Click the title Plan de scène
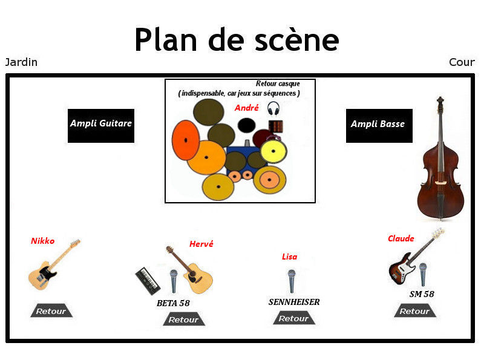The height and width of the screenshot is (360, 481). [x=236, y=40]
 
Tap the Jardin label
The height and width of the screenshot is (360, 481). [x=21, y=62]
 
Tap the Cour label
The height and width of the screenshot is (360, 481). [x=462, y=62]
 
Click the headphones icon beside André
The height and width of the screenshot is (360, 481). [x=273, y=109]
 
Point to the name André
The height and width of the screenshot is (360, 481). [x=246, y=108]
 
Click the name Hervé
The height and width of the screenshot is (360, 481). [x=201, y=244]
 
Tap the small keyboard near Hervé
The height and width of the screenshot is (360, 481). [x=148, y=280]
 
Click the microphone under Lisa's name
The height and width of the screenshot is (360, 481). [x=291, y=281]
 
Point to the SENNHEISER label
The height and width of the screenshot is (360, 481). [x=294, y=302]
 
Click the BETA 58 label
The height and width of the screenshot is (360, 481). [x=173, y=303]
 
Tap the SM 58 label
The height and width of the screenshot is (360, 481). [x=422, y=295]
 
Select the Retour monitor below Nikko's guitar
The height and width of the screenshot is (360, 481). [x=51, y=311]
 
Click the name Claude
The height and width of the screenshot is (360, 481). [x=401, y=238]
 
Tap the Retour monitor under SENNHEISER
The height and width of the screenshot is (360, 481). [x=294, y=318]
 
